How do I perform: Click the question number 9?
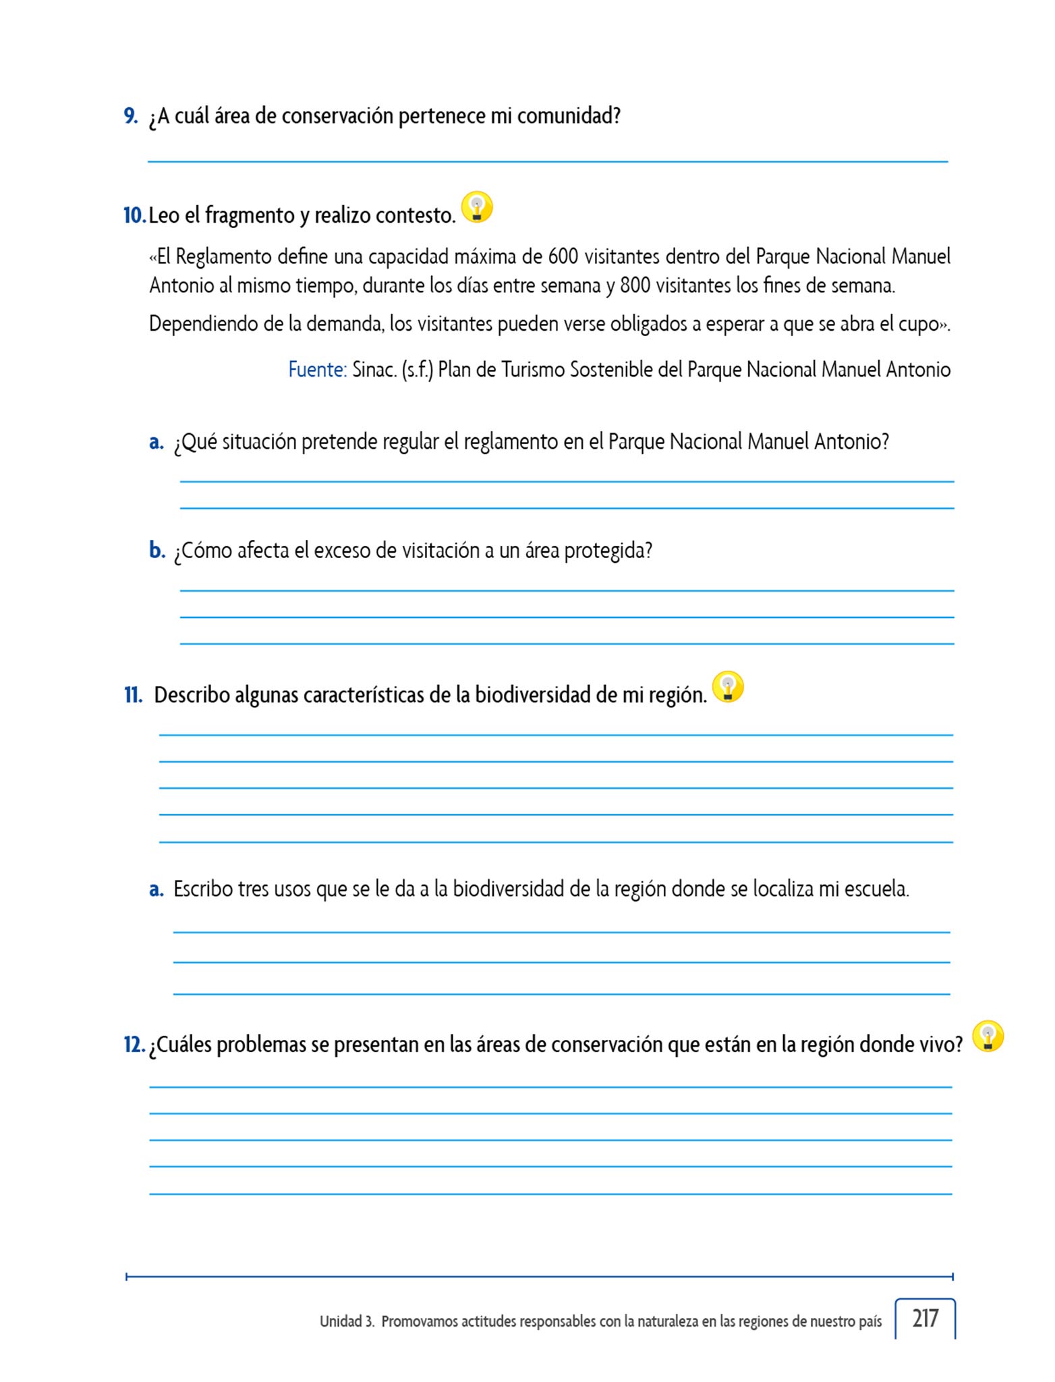pyautogui.click(x=131, y=116)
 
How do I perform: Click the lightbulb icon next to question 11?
pyautogui.click(x=728, y=686)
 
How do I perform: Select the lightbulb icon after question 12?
pyautogui.click(x=988, y=1036)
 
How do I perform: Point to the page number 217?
pyautogui.click(x=925, y=1318)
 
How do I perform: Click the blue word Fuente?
pyautogui.click(x=317, y=370)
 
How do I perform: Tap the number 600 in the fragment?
pyautogui.click(x=563, y=257)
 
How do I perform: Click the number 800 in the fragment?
pyautogui.click(x=635, y=286)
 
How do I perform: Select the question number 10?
pyautogui.click(x=134, y=215)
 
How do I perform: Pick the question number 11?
pyautogui.click(x=133, y=695)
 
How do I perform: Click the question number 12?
pyautogui.click(x=134, y=1045)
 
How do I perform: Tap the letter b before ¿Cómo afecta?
pyautogui.click(x=157, y=551)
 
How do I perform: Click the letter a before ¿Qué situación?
pyautogui.click(x=156, y=442)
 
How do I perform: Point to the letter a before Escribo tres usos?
pyautogui.click(x=156, y=889)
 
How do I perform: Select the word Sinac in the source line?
pyautogui.click(x=374, y=370)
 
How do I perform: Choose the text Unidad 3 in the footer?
pyautogui.click(x=347, y=1321)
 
